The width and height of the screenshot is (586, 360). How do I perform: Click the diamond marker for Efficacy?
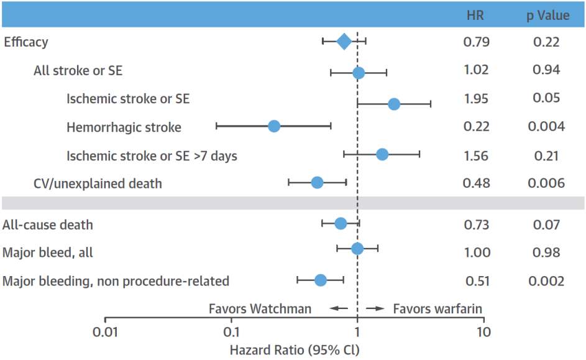tap(344, 42)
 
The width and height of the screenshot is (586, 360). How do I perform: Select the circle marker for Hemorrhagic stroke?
tap(274, 126)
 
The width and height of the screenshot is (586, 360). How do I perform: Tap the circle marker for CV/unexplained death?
tap(317, 183)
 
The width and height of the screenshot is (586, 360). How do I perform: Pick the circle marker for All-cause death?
tap(341, 224)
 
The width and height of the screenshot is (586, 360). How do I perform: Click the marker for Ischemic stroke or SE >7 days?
tap(382, 154)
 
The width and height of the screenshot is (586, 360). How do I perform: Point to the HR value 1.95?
tap(476, 99)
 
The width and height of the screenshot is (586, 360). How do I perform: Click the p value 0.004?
tap(546, 127)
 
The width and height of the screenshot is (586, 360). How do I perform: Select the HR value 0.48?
tap(476, 183)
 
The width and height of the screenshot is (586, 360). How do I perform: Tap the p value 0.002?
tap(546, 281)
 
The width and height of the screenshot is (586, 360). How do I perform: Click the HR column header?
tap(475, 16)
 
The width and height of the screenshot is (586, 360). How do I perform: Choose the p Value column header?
tap(548, 16)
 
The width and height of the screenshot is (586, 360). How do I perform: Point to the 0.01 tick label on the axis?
tap(105, 332)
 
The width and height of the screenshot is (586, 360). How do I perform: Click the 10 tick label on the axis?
tap(483, 332)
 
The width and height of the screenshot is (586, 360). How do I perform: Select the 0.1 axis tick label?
tap(231, 332)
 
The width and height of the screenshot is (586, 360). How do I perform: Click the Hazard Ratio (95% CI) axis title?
tap(295, 350)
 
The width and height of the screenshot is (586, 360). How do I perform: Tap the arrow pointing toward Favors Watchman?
tap(339, 308)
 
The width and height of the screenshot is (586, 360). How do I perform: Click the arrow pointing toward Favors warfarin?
tap(375, 308)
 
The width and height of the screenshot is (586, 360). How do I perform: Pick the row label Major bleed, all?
tap(47, 253)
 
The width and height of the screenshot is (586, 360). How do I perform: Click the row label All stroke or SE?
tap(78, 71)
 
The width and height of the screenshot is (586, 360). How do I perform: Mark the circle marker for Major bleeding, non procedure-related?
tap(320, 280)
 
